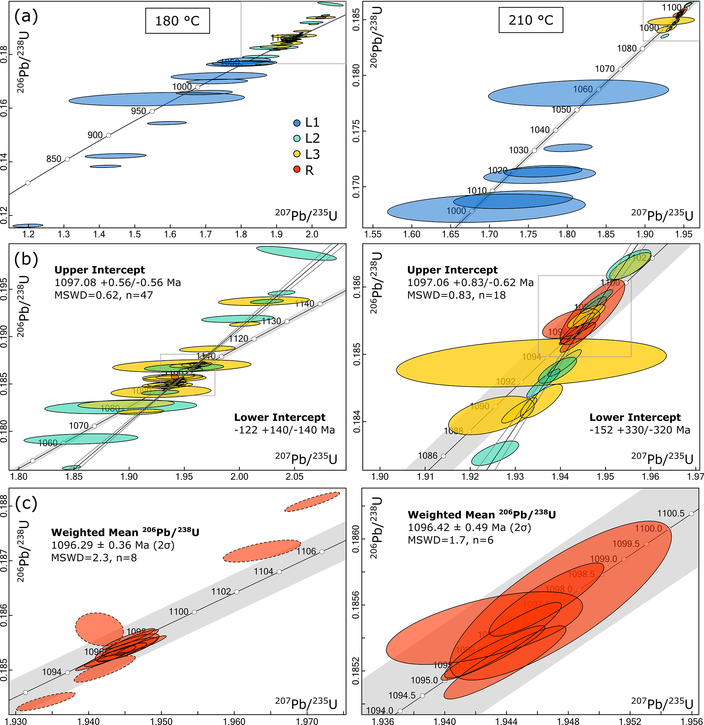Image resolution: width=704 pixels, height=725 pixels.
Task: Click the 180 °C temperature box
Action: (177, 21)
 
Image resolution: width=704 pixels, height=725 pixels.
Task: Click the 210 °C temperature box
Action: (531, 20)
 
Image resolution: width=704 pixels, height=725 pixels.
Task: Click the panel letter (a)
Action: (26, 16)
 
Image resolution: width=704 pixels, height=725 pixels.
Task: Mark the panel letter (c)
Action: (26, 503)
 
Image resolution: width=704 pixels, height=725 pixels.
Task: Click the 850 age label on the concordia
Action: (53, 159)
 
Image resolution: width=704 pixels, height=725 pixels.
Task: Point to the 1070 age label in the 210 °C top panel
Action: (605, 69)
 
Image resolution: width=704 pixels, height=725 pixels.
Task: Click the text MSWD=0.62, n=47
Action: (104, 295)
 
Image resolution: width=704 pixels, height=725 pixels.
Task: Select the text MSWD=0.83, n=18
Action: (456, 295)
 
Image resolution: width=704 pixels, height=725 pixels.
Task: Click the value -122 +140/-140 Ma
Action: (284, 430)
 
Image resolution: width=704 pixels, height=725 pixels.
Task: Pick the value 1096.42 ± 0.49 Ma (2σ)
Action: (469, 527)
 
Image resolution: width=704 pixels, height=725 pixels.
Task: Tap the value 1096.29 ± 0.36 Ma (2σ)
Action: (113, 545)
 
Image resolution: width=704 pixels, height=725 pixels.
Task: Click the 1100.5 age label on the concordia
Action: (671, 514)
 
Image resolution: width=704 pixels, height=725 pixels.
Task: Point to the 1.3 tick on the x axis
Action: (64, 234)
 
